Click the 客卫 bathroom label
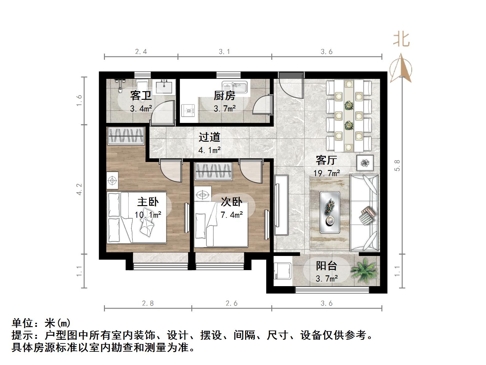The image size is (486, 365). [141, 95]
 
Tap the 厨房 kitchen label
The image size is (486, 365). [225, 96]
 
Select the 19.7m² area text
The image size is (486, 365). [326, 173]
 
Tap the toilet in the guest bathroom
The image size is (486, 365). [142, 86]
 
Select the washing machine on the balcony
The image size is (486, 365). [282, 270]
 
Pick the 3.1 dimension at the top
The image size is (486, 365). [224, 52]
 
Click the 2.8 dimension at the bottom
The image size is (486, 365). [148, 303]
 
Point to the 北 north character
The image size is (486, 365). [401, 40]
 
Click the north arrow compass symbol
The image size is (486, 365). [400, 68]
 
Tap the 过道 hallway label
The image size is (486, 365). [209, 137]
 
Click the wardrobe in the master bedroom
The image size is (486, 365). [126, 135]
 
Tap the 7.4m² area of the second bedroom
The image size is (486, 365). [232, 215]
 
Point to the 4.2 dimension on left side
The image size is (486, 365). [79, 189]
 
